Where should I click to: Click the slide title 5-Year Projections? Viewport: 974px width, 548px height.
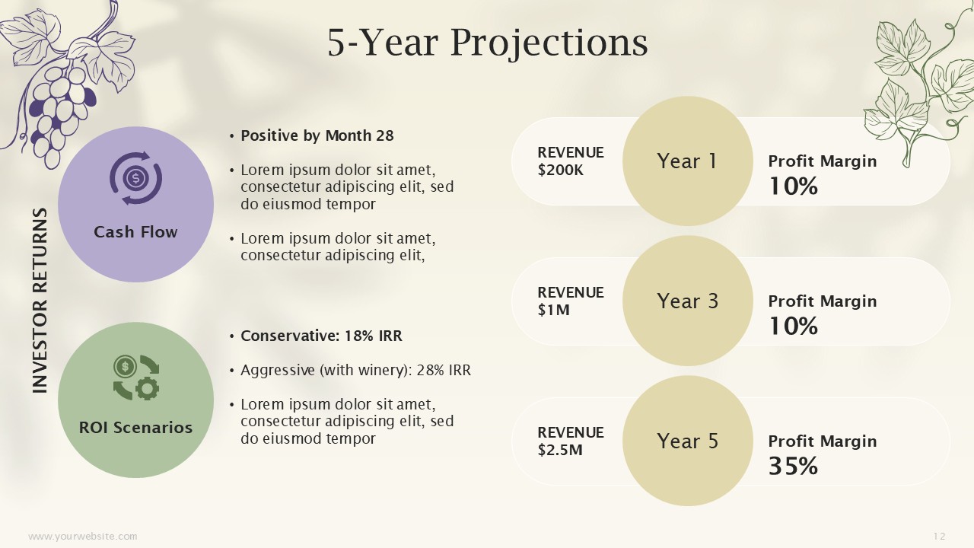pos(488,43)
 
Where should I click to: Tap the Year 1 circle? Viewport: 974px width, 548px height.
pos(687,161)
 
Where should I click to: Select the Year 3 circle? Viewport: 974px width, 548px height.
pos(687,301)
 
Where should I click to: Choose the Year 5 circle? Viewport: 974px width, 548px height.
pos(687,441)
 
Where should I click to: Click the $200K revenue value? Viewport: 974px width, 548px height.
pos(561,170)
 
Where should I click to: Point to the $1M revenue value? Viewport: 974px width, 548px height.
pos(553,310)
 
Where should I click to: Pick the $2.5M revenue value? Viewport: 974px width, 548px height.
pos(560,450)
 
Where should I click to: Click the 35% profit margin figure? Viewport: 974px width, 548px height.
pos(793,466)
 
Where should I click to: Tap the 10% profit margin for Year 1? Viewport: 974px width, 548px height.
pos(793,186)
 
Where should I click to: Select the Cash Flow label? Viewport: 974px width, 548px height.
pos(135,232)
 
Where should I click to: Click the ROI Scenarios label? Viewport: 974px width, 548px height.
pos(135,428)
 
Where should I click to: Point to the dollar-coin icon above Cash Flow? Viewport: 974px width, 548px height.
pos(135,178)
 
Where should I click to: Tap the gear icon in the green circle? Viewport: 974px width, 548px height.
pos(148,388)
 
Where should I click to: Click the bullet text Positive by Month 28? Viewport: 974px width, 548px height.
pos(317,135)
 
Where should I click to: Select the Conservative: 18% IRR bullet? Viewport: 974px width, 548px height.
pos(322,336)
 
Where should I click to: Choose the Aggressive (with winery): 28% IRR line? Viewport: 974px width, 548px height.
pos(355,370)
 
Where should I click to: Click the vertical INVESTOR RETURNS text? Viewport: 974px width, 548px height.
pos(40,301)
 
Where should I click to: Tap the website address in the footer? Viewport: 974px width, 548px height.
pos(83,537)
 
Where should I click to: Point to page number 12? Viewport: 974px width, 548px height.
pos(939,537)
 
